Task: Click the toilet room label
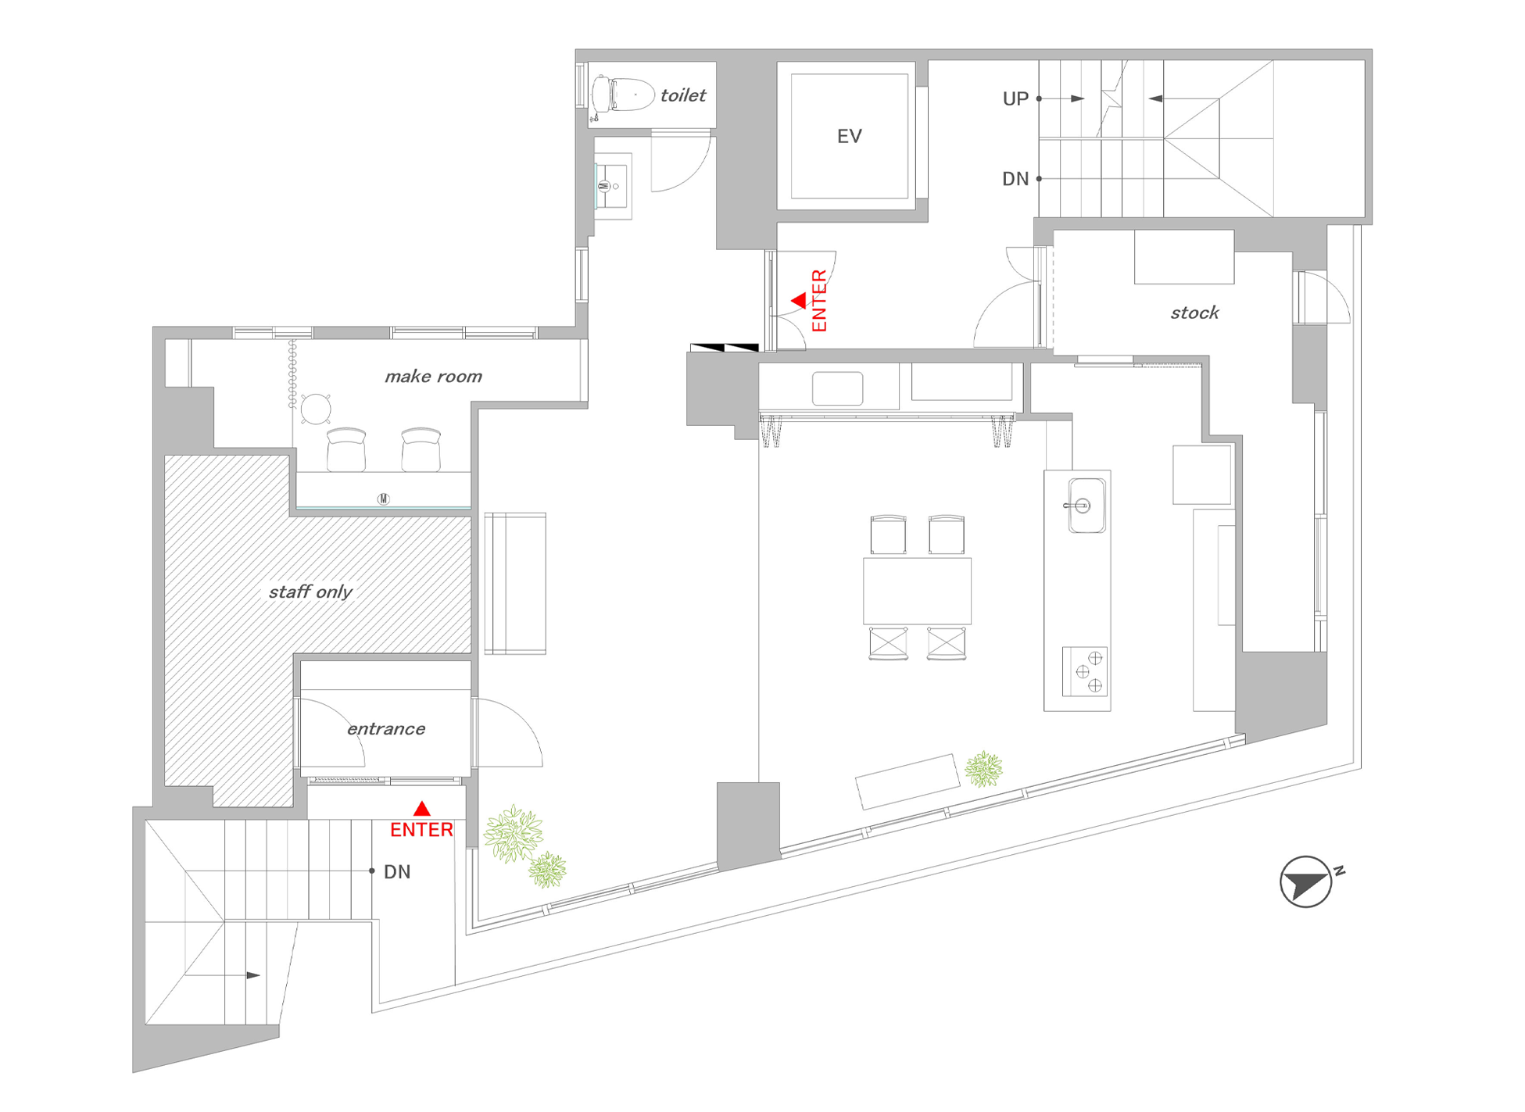pos(682,95)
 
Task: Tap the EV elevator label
pos(849,137)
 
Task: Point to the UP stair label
pos(1015,99)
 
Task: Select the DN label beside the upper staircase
pos(1015,179)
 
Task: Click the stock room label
pos(1194,313)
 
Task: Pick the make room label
pos(433,377)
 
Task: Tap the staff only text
pos(310,592)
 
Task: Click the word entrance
pos(386,729)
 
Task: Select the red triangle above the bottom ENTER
pos(422,809)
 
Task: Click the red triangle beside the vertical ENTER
pos(799,300)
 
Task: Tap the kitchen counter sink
pos(1086,506)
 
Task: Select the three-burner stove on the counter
pos(1085,671)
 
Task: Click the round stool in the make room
pos(316,409)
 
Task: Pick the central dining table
pos(917,591)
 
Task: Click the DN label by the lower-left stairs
pos(397,872)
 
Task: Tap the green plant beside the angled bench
pos(983,769)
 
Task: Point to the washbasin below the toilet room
pos(613,186)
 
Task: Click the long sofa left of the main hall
pos(515,583)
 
